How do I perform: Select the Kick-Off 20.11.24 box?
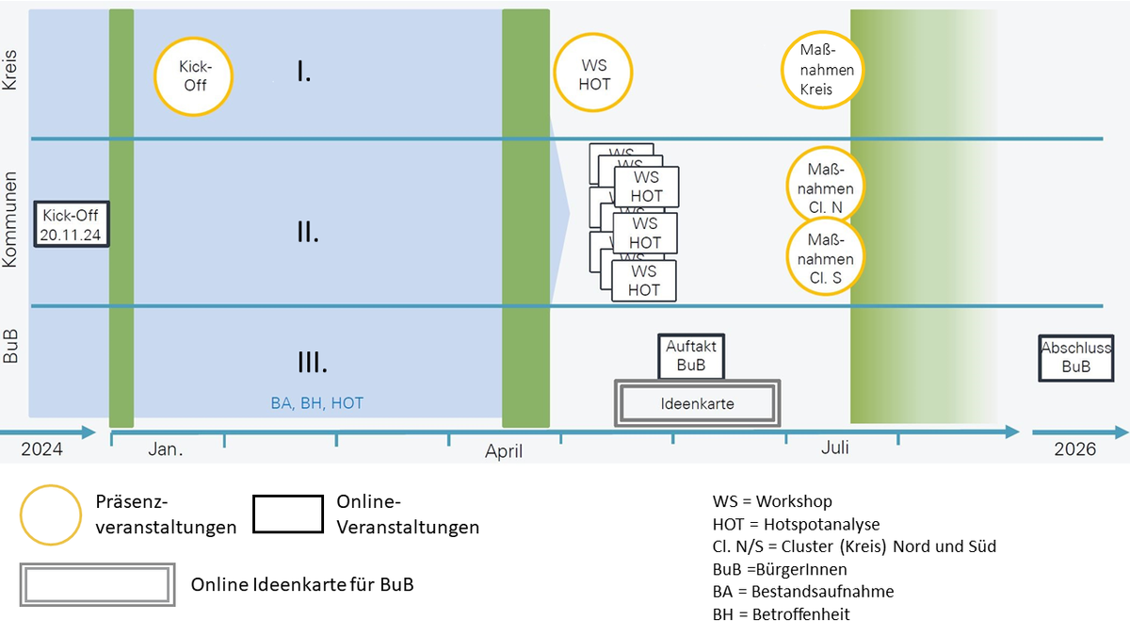click(x=73, y=223)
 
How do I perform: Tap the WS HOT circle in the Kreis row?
click(x=594, y=74)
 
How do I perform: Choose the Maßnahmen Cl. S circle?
click(x=824, y=257)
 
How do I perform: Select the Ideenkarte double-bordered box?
click(x=697, y=404)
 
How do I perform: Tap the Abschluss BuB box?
click(x=1075, y=358)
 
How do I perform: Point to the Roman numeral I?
click(x=304, y=72)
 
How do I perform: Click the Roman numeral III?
click(x=312, y=363)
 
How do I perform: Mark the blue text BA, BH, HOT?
click(x=316, y=403)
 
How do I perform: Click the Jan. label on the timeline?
click(x=166, y=449)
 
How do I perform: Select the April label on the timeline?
click(x=504, y=451)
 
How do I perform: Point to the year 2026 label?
click(x=1075, y=449)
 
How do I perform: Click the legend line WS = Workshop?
click(x=773, y=501)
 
